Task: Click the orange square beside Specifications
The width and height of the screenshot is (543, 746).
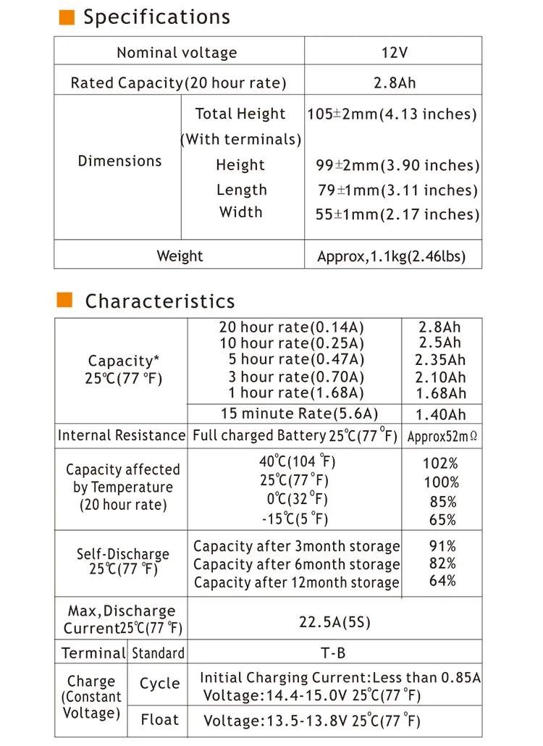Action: pyautogui.click(x=67, y=17)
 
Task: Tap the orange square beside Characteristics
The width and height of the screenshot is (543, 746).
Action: pyautogui.click(x=65, y=301)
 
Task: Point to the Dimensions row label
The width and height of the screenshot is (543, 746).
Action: pyautogui.click(x=119, y=161)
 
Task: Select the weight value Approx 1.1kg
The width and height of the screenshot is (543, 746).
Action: pyautogui.click(x=391, y=256)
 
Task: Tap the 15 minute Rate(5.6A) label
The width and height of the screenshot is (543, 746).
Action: pyautogui.click(x=300, y=414)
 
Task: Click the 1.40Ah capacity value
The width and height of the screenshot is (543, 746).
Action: pyautogui.click(x=440, y=415)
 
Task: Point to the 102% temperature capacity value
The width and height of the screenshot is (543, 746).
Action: pyautogui.click(x=440, y=464)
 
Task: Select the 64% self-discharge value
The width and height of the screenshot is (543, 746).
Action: pyautogui.click(x=442, y=581)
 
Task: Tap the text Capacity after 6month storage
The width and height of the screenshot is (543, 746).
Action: pyautogui.click(x=296, y=564)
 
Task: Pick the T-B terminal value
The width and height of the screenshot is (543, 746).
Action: pyautogui.click(x=334, y=653)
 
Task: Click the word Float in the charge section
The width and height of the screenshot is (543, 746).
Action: pyautogui.click(x=159, y=720)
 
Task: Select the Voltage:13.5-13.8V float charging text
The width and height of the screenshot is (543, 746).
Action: pyautogui.click(x=311, y=721)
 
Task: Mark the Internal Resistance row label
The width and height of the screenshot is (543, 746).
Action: pyautogui.click(x=121, y=435)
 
